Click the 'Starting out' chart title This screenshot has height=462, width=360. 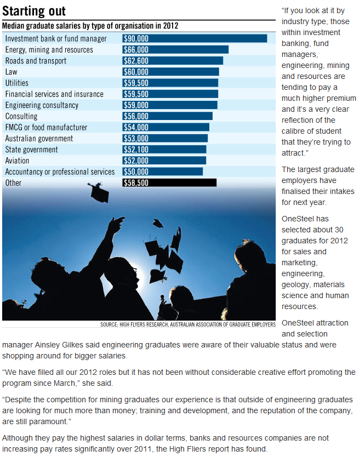click(34, 11)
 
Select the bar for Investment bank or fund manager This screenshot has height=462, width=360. click(195, 38)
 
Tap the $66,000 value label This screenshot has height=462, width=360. click(136, 50)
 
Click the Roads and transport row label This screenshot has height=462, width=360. click(36, 61)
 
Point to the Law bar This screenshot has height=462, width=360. click(170, 72)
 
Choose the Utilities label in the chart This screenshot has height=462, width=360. click(17, 83)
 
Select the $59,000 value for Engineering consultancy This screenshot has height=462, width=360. click(136, 105)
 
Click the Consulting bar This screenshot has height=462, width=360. click(167, 116)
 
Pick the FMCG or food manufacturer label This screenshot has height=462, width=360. click(46, 127)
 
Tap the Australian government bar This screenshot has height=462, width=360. click(165, 138)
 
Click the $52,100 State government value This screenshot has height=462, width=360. click(136, 150)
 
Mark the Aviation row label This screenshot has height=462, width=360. click(17, 161)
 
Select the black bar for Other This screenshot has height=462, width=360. click(169, 182)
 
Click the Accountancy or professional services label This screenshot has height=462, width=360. click(60, 172)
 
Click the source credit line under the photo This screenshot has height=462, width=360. click(188, 324)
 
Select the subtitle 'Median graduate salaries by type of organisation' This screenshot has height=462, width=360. click(90, 26)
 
